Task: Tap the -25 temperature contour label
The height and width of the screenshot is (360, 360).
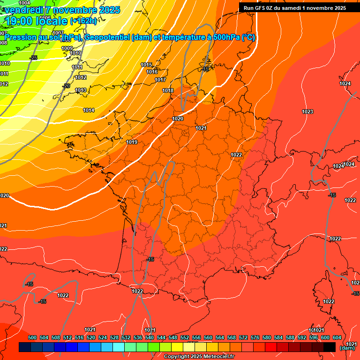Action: click(34, 58)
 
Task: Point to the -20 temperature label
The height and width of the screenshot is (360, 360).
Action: click(66, 86)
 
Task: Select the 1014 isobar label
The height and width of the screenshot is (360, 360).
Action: click(89, 110)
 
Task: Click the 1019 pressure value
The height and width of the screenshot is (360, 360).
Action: click(132, 142)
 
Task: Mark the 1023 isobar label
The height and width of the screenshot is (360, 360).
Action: click(307, 112)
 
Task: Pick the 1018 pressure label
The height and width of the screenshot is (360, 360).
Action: click(168, 90)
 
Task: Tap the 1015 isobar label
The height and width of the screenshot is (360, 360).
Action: click(146, 65)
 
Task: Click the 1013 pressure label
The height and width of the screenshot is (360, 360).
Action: click(81, 90)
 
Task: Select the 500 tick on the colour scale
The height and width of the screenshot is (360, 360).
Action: click(32, 337)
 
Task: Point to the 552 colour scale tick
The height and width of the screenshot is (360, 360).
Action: click(185, 337)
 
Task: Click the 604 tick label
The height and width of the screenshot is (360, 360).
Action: click(337, 337)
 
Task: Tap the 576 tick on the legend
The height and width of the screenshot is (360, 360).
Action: click(255, 337)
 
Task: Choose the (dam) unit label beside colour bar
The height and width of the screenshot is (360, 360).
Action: click(347, 348)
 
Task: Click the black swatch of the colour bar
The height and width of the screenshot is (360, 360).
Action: click(330, 347)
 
